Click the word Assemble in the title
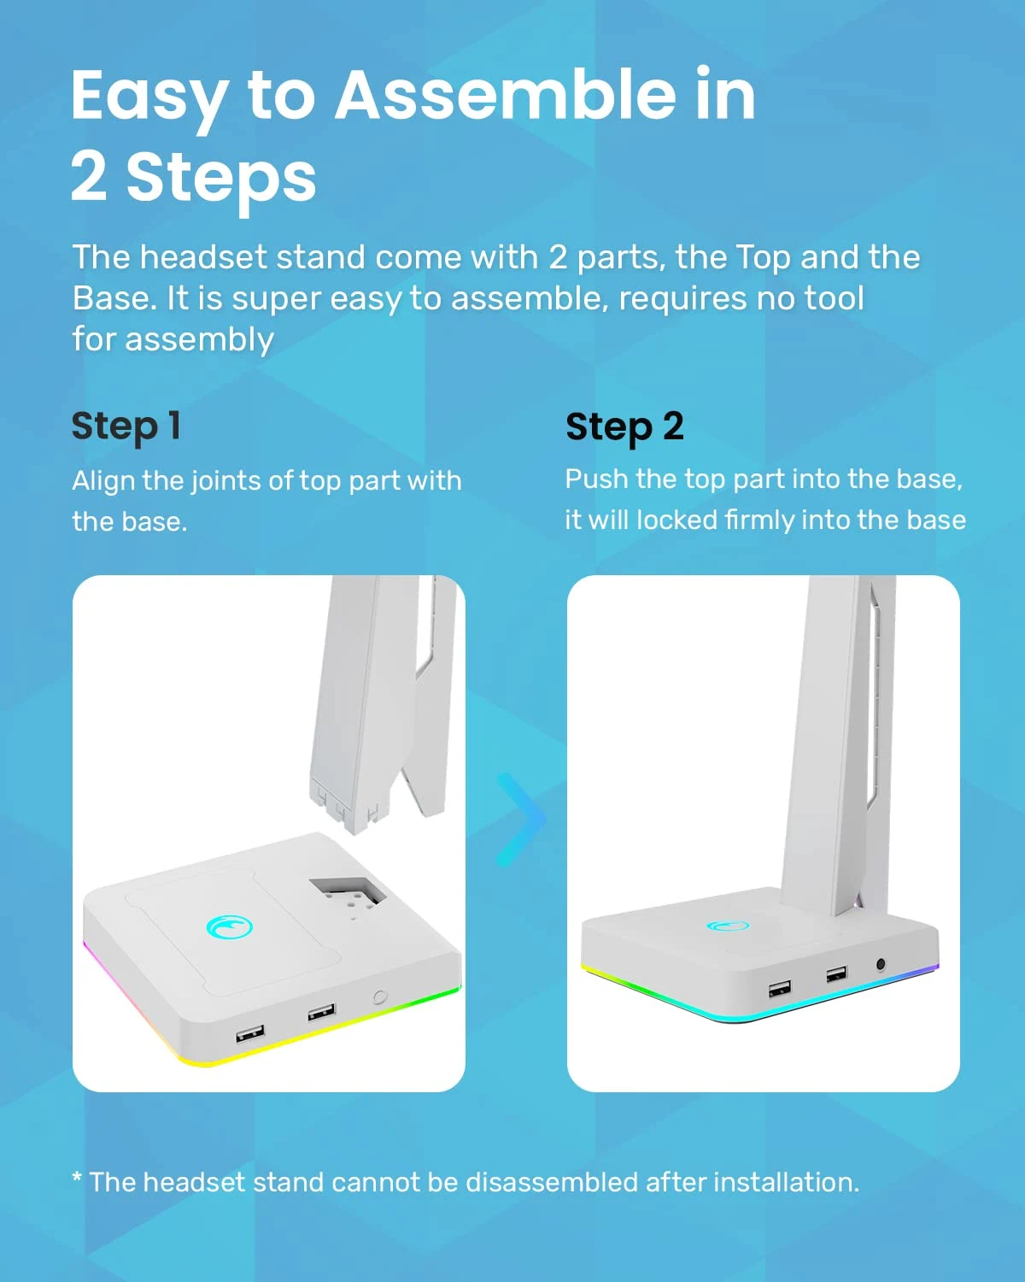(505, 95)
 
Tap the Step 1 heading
(126, 426)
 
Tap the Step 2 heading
(624, 426)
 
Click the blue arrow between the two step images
(521, 820)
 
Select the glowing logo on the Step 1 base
(229, 926)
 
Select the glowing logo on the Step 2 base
(728, 926)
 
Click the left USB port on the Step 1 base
(249, 1034)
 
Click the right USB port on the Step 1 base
(321, 1013)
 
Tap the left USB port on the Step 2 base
(779, 989)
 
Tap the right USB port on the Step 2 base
(836, 974)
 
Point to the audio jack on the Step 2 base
(881, 965)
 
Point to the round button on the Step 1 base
(380, 997)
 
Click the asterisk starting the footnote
(77, 1179)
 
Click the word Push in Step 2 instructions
(596, 479)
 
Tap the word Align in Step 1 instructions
(103, 480)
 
